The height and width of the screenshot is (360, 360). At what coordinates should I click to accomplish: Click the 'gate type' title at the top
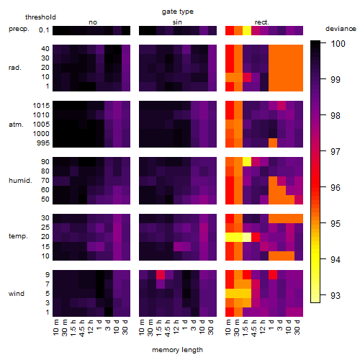(x=178, y=12)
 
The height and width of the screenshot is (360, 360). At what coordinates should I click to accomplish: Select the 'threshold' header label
(x=40, y=17)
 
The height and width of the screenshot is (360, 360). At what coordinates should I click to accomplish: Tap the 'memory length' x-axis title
(x=177, y=350)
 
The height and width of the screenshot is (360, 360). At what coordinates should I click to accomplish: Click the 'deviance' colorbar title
(x=341, y=29)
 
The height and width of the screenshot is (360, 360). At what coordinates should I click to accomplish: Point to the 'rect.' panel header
(x=262, y=22)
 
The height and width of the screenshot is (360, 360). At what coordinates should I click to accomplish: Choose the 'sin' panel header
(x=177, y=22)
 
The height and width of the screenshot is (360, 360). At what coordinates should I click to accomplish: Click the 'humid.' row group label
(x=20, y=181)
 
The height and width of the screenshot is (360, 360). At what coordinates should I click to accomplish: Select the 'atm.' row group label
(x=16, y=125)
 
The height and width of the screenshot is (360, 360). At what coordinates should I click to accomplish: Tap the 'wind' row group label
(x=17, y=294)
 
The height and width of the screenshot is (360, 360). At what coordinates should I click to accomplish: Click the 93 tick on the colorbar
(x=336, y=295)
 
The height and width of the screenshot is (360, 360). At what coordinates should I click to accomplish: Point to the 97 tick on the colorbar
(x=336, y=151)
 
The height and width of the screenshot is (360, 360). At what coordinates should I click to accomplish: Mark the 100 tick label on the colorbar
(x=338, y=44)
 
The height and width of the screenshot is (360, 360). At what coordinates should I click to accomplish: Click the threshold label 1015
(x=41, y=106)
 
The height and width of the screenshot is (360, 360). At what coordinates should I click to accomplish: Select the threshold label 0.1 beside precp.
(x=44, y=30)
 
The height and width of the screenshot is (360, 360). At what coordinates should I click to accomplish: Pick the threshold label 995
(x=43, y=143)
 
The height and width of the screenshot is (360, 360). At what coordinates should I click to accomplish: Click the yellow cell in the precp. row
(x=247, y=30)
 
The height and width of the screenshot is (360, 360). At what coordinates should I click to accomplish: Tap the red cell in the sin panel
(x=161, y=275)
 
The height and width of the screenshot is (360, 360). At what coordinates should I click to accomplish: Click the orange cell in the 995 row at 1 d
(x=273, y=143)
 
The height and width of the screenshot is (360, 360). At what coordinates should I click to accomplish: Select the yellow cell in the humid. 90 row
(x=247, y=161)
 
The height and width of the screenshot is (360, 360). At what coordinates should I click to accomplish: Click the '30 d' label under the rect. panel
(x=297, y=327)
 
